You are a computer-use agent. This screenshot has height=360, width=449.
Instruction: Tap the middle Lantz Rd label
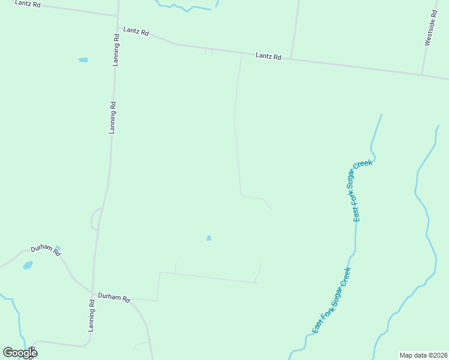click(x=136, y=31)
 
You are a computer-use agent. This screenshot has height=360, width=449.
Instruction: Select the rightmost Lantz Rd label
click(x=268, y=56)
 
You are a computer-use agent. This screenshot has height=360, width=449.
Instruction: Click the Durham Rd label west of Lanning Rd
click(x=46, y=251)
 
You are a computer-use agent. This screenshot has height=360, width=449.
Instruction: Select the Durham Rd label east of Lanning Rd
click(x=114, y=298)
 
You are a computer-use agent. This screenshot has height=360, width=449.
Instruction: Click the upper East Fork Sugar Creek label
click(x=363, y=191)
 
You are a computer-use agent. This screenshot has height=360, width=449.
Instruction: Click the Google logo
click(x=20, y=353)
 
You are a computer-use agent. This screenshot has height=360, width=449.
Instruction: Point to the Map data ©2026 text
click(x=423, y=355)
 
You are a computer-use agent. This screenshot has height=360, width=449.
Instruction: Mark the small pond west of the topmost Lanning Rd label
click(x=83, y=60)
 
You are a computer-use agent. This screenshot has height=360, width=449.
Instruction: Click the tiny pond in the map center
click(x=209, y=238)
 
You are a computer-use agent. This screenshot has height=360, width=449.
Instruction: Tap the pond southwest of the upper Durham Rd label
click(x=28, y=265)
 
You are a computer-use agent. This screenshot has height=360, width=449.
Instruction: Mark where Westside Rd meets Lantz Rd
click(x=422, y=75)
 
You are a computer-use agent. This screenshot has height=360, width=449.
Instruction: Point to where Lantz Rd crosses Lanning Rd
click(x=117, y=16)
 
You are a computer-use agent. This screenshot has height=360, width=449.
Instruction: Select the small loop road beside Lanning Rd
click(x=94, y=218)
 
